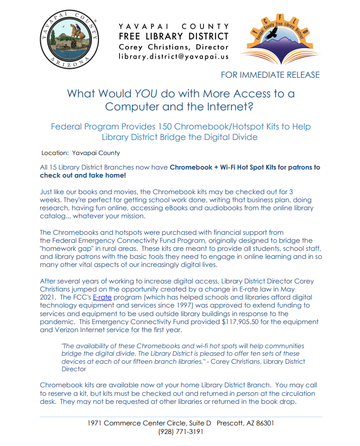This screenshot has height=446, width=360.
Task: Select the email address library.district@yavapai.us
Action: (173, 57)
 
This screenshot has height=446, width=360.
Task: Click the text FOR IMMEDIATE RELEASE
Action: (270, 75)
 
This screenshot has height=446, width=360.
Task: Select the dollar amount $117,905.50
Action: (243, 322)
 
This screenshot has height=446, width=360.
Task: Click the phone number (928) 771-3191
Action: (180, 431)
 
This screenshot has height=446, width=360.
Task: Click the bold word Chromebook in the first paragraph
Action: (191, 167)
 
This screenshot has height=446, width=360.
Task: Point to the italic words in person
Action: (245, 393)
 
